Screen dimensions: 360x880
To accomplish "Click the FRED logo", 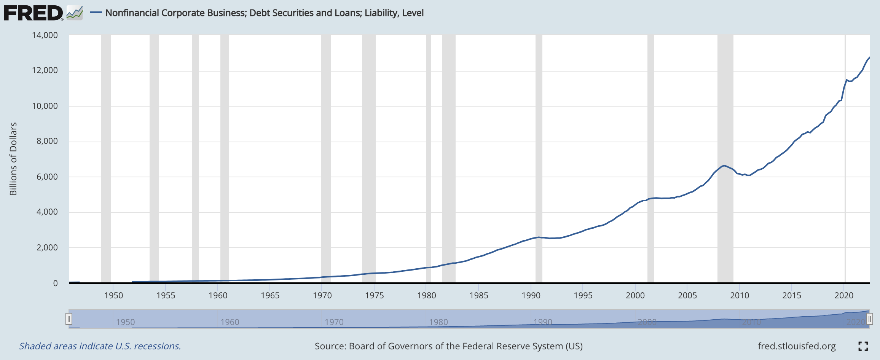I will click(x=33, y=13).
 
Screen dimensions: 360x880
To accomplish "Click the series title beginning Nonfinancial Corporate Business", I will click(x=264, y=13).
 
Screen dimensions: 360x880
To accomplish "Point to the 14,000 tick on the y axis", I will click(x=45, y=35).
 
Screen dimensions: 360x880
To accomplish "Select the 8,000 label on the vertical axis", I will click(x=47, y=141).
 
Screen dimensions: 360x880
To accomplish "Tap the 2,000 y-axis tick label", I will click(x=47, y=248).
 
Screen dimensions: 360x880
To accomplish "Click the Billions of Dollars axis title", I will click(x=14, y=159).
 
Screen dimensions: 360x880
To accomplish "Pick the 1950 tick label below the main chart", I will click(x=114, y=295).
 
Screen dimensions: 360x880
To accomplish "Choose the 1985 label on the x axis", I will click(x=479, y=295).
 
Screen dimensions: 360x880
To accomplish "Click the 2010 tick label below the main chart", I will click(x=740, y=295).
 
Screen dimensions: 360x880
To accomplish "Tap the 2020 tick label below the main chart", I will click(x=844, y=295).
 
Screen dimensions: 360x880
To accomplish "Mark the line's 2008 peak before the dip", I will click(x=724, y=166).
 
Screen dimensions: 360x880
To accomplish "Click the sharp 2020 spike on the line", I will click(x=847, y=80).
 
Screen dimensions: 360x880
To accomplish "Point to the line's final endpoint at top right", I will click(x=869, y=57).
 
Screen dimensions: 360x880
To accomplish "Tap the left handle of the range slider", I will click(x=69, y=319).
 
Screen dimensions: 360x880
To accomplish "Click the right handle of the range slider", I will click(x=870, y=319).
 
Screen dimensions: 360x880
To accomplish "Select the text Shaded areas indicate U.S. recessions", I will click(x=100, y=346).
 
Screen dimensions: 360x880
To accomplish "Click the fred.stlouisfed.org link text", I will click(x=797, y=346).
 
